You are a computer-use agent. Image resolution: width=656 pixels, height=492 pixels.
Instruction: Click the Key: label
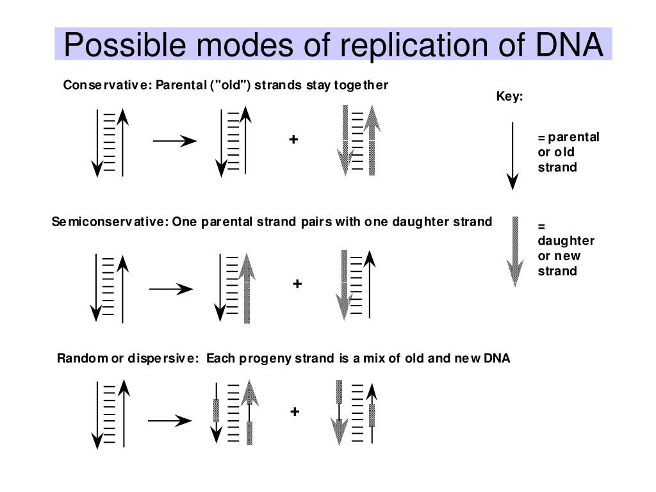point(509,97)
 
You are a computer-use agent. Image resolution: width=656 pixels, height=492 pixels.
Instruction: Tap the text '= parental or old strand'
point(568,152)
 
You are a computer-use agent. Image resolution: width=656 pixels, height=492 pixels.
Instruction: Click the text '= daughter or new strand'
point(565,248)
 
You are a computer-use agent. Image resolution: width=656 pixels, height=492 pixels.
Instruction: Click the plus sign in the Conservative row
point(293,139)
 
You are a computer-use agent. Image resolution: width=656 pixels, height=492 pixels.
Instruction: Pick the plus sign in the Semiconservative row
point(297,283)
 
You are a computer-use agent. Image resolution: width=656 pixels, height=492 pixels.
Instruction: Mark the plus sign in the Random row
point(294,411)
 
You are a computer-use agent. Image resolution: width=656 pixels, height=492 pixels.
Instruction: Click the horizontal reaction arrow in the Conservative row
point(174,141)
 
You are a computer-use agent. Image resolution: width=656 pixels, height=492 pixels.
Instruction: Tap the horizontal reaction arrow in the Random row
point(170,420)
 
